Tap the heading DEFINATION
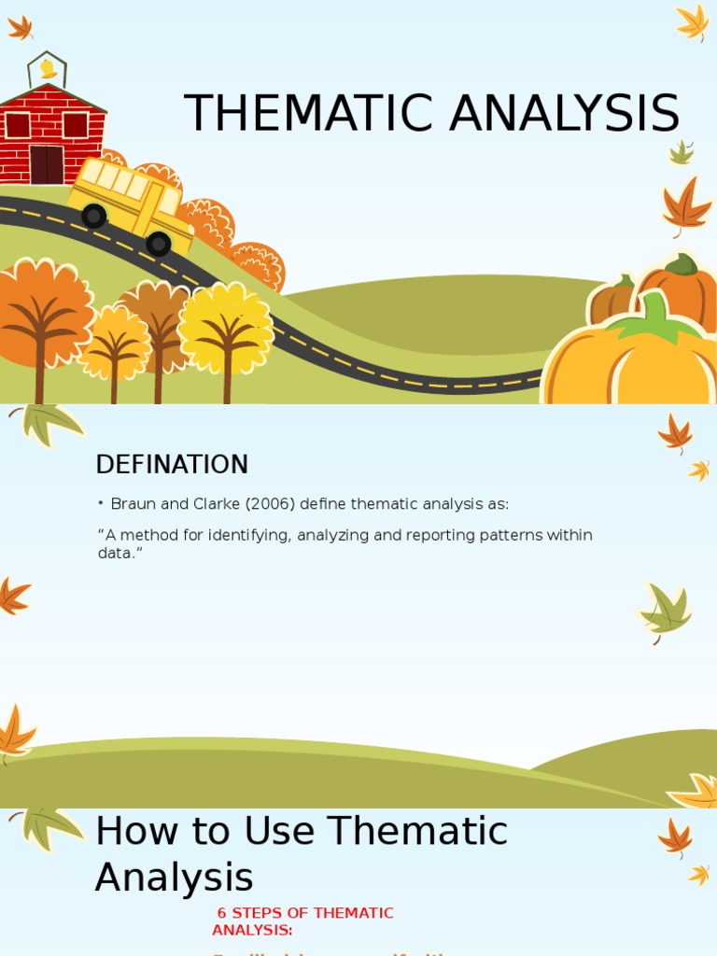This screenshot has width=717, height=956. [172, 464]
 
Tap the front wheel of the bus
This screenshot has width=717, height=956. [159, 244]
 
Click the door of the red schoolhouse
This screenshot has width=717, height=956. [46, 164]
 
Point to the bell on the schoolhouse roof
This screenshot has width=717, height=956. [47, 68]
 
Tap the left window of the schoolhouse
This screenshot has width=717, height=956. [18, 125]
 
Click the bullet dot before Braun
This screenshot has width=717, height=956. [100, 504]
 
